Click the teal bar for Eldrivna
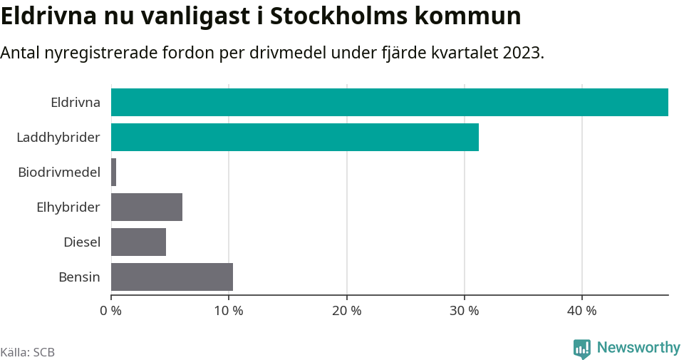tap(389, 102)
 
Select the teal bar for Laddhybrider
tap(294, 137)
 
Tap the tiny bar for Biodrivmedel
tap(114, 173)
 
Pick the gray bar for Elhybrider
tap(147, 207)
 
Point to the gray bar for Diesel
tap(138, 242)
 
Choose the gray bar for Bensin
tap(172, 277)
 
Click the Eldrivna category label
tap(75, 102)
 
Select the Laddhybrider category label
tap(58, 137)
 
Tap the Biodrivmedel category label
tap(59, 172)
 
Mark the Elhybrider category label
tap(68, 207)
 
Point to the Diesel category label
tap(81, 242)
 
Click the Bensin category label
tap(79, 277)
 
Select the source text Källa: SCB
tap(28, 352)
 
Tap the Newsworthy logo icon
tap(581, 349)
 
